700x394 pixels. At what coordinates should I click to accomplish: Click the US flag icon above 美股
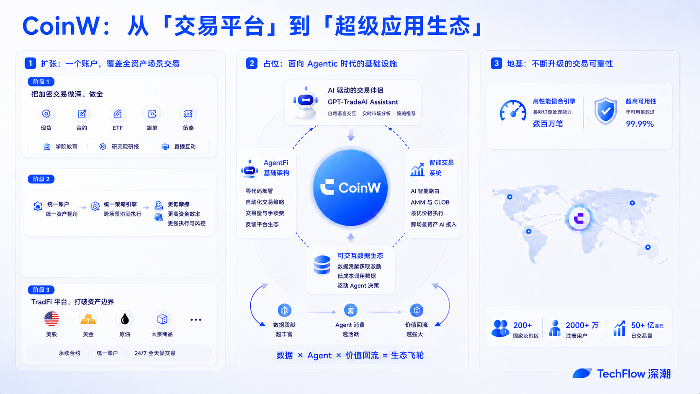[x=51, y=319]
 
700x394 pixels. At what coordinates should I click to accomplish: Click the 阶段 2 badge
[x=41, y=179]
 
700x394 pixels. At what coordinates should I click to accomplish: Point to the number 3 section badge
[x=496, y=63]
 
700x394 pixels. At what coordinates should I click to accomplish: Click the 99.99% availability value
[x=640, y=124]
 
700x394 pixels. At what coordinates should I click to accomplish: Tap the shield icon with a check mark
[x=605, y=111]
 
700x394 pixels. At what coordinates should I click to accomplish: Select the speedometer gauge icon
[x=513, y=111]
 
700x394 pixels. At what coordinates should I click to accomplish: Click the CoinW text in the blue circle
[x=359, y=188]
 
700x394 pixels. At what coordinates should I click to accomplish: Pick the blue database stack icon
[x=322, y=265]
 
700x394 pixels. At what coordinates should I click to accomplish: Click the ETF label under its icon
[x=118, y=128]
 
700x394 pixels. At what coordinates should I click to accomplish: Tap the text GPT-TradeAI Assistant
[x=363, y=102]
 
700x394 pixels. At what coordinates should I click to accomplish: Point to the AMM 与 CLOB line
[x=430, y=202]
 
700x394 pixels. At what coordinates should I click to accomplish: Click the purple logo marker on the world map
[x=579, y=218]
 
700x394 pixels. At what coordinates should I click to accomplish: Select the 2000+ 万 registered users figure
[x=582, y=325]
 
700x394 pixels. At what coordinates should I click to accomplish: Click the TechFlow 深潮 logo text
[x=634, y=373]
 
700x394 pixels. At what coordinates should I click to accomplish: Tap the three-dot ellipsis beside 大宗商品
[x=196, y=319]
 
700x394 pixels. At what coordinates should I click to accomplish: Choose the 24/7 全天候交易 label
[x=155, y=353]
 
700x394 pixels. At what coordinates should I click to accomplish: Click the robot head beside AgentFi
[x=250, y=169]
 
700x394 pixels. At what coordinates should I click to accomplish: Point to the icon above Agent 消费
[x=350, y=310]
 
